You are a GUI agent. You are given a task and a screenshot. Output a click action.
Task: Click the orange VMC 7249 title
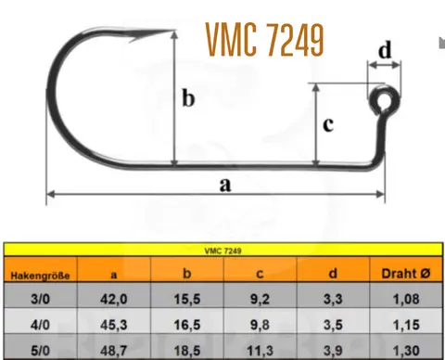[x=265, y=40]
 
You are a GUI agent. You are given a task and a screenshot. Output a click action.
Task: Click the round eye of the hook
[x=385, y=99]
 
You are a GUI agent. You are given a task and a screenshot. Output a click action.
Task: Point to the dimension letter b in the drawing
[x=188, y=98]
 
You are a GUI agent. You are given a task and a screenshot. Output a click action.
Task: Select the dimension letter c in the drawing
[x=328, y=124]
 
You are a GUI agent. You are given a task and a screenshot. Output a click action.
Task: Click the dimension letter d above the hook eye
[x=385, y=49]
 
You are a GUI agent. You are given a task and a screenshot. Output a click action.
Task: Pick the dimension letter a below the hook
[x=225, y=185]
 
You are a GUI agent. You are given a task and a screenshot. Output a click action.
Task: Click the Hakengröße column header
[x=40, y=276]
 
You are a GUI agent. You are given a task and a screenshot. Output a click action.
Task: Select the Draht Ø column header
[x=406, y=274]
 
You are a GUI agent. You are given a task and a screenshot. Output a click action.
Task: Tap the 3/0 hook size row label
[x=40, y=299]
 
